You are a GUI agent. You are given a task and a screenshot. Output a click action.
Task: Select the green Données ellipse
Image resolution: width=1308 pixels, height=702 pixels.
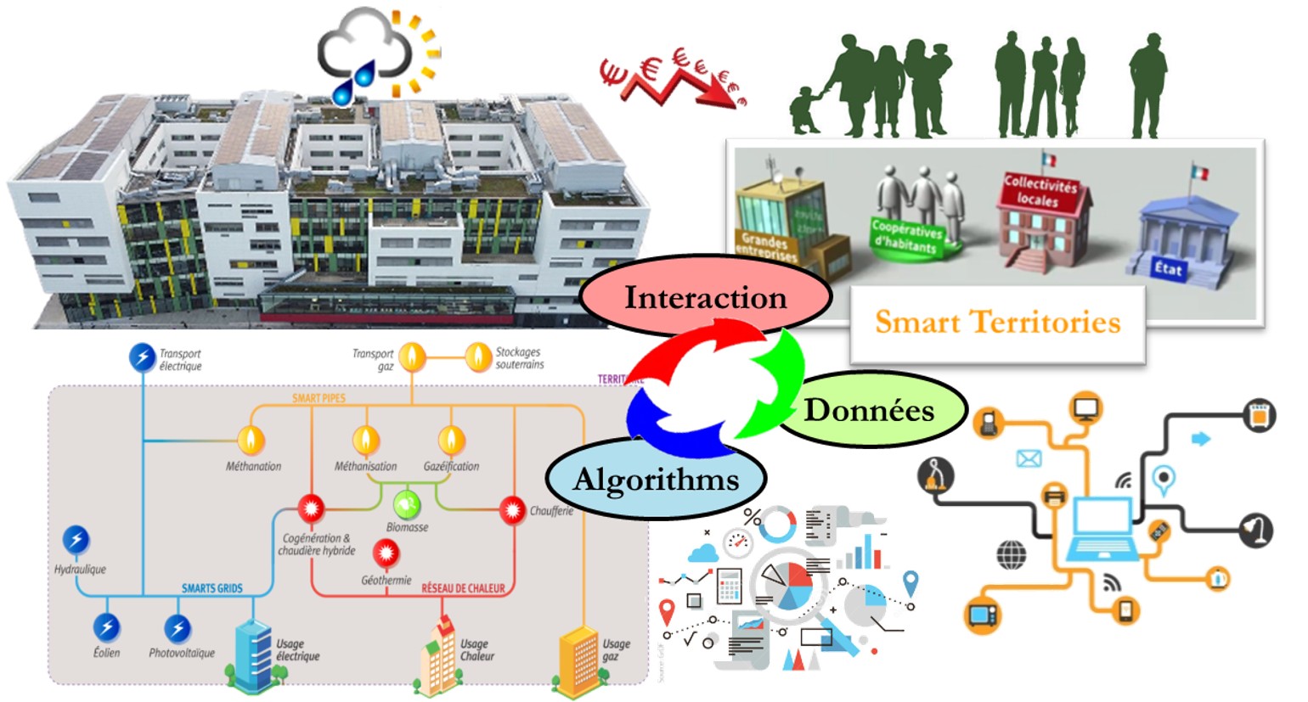point(870,410)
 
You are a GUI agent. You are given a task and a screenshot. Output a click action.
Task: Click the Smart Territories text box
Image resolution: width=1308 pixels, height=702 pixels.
point(998,323)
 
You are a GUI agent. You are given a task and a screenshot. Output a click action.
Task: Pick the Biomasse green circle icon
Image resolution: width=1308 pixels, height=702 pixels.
point(407,504)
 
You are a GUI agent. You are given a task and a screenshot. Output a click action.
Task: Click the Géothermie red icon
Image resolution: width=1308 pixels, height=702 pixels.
point(386,553)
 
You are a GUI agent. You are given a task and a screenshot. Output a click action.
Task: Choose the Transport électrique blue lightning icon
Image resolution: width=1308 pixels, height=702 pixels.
point(142,357)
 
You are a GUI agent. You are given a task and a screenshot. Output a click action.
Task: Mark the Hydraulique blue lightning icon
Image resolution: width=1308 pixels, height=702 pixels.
point(76,539)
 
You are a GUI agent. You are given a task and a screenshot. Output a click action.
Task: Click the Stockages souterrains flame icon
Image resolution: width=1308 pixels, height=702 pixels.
point(478,357)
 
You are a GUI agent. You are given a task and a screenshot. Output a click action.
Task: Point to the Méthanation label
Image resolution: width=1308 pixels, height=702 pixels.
point(253,466)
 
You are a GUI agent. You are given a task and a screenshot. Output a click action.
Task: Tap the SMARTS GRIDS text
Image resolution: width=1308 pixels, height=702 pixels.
point(211,588)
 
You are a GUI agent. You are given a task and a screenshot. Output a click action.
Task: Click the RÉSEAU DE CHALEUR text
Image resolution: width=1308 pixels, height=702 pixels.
point(463,588)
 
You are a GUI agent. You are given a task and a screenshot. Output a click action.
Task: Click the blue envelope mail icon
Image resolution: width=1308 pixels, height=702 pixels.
point(1029,459)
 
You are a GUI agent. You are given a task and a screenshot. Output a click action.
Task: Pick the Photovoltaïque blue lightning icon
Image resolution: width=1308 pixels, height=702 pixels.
point(178,628)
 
